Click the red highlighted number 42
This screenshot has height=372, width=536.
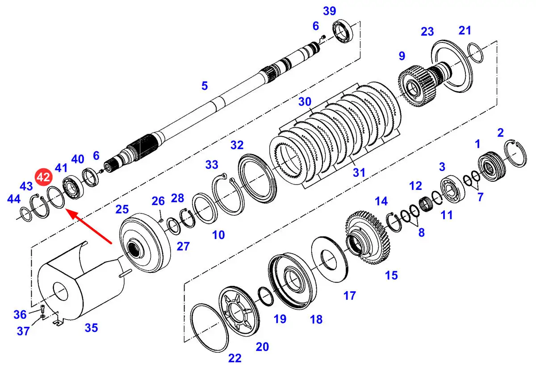click(44, 177)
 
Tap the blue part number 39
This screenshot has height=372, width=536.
click(329, 11)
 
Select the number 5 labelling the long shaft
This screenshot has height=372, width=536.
click(205, 85)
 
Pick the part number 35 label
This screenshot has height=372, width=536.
click(91, 328)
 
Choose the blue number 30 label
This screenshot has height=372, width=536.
click(305, 102)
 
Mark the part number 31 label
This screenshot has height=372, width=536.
click(359, 172)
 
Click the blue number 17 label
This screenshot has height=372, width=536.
click(350, 295)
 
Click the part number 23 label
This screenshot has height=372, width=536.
click(427, 31)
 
